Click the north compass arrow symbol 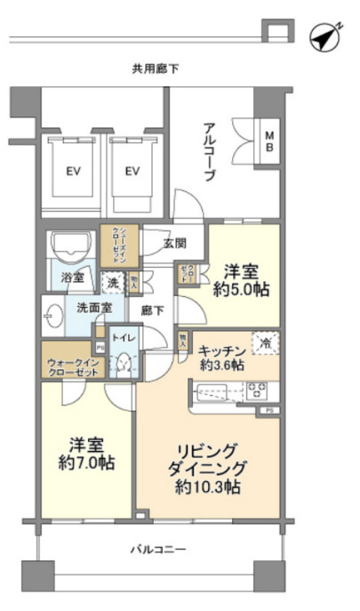pos(325,36)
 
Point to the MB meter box pos(268,142)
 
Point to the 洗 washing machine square pos(113,283)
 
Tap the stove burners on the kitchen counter pos(257,389)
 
